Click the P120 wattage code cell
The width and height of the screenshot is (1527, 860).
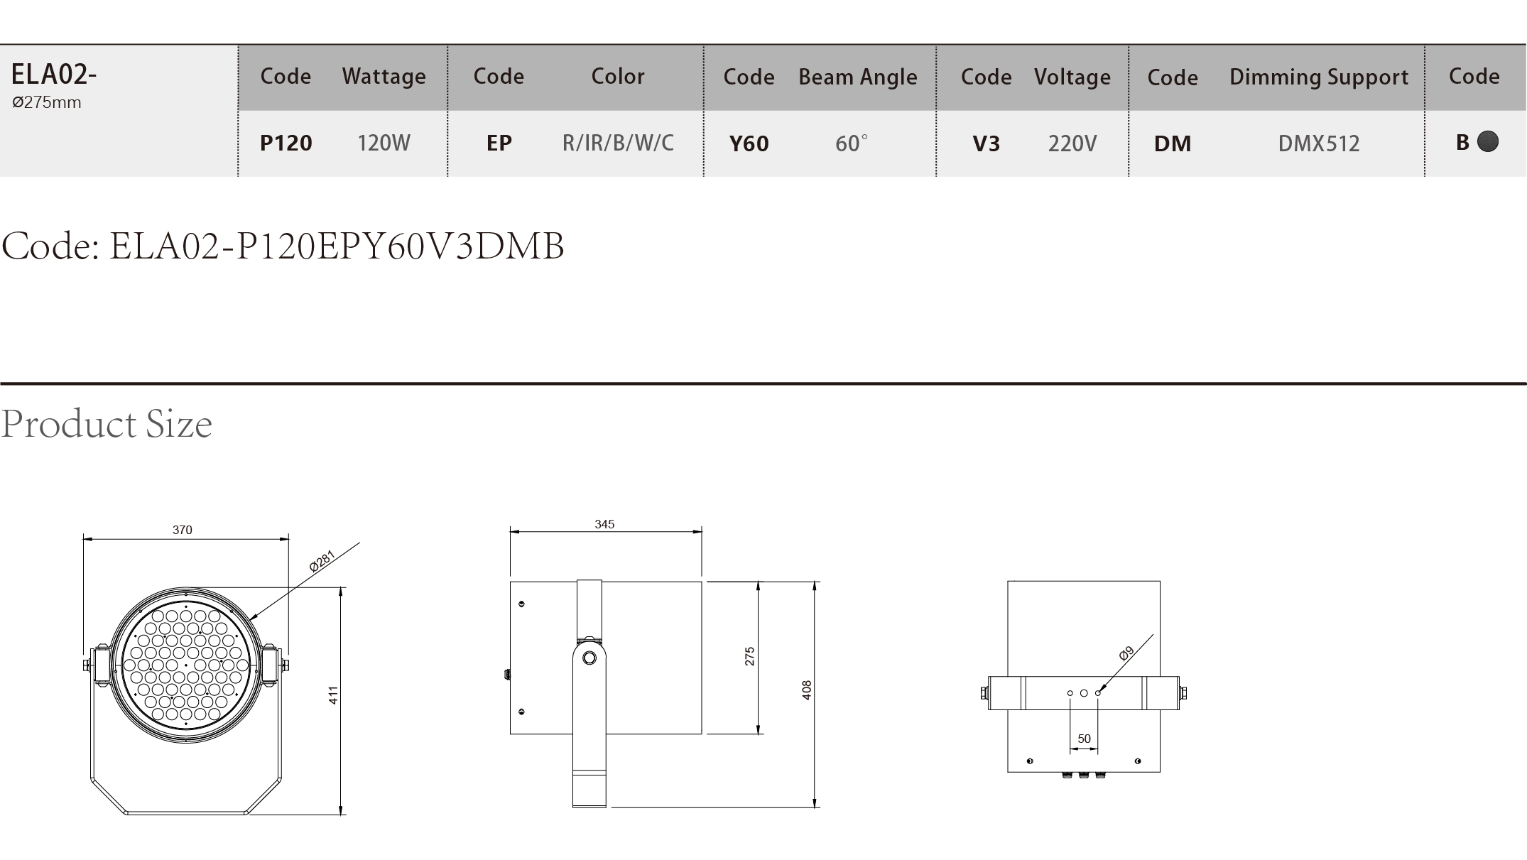coord(286,143)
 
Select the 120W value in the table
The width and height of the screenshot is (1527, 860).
coord(384,143)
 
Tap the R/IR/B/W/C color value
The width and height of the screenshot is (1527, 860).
coord(618,143)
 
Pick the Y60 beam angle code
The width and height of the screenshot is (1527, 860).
coord(749,143)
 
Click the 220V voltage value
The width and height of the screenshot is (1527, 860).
coord(1072,143)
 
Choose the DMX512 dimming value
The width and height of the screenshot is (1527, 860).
coord(1319,143)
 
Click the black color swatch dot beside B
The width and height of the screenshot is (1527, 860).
coord(1488,141)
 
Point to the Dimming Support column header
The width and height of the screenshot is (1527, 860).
coord(1319,77)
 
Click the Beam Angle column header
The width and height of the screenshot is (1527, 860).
coord(858,77)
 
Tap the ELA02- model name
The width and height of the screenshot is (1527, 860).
coord(54,74)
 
